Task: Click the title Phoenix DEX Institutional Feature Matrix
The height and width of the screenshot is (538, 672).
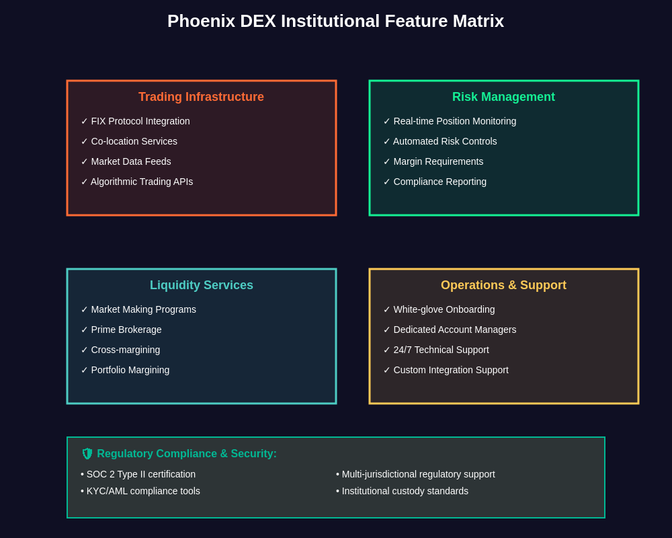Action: click(335, 21)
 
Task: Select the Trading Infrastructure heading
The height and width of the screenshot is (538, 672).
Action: click(201, 97)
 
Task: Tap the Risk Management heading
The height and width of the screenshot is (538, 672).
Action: click(503, 97)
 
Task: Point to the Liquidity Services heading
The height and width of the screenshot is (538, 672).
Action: click(201, 285)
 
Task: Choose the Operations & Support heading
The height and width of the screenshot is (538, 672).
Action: click(503, 285)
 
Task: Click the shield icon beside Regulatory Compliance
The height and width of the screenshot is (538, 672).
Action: click(87, 454)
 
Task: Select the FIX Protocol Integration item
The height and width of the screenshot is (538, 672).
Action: click(140, 121)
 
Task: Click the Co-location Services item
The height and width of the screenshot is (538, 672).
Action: click(134, 141)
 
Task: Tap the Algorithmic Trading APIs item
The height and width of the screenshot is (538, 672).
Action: click(141, 182)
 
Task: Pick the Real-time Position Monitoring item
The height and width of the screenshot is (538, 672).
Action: click(454, 121)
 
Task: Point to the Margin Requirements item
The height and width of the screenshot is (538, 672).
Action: click(438, 161)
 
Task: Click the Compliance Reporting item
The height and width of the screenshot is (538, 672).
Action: click(439, 182)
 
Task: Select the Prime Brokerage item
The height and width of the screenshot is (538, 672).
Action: click(126, 330)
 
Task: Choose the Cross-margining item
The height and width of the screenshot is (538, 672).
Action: click(126, 350)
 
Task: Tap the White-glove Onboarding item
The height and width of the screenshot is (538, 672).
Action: click(444, 309)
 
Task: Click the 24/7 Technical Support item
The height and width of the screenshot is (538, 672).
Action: click(441, 350)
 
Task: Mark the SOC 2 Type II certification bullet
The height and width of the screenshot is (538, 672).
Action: click(140, 474)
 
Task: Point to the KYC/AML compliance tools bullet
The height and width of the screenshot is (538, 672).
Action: click(142, 491)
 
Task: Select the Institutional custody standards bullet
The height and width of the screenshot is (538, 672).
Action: click(405, 491)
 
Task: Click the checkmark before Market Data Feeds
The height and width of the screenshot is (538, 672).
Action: click(85, 161)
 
